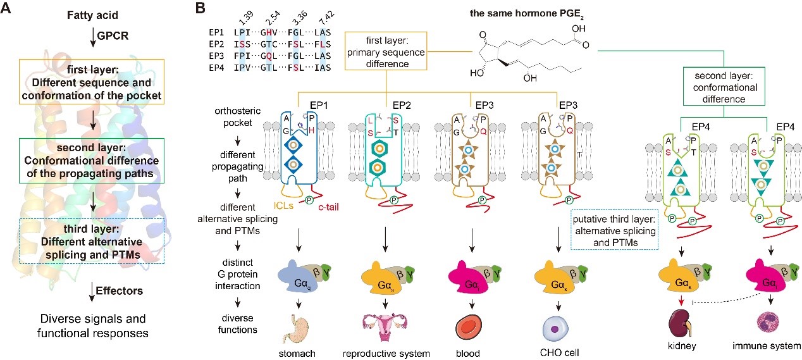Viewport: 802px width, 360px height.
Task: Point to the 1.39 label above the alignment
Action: [239, 15]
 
